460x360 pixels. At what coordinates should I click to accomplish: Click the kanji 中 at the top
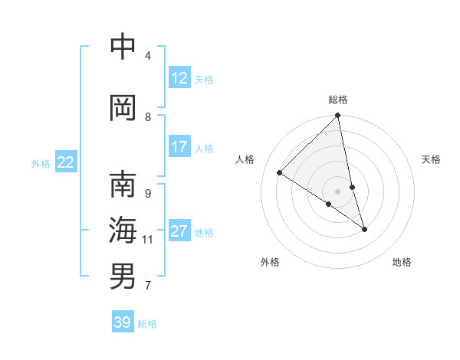point(123,47)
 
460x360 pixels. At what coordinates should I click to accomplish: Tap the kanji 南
point(123,185)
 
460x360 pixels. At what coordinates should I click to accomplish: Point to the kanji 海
point(123,231)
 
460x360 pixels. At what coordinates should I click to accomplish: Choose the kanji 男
point(123,277)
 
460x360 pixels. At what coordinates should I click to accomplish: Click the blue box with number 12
point(179,78)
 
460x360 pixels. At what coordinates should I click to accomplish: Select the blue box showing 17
point(179,147)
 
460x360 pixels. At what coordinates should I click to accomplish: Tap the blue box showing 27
point(179,231)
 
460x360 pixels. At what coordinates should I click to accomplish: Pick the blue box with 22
point(66,162)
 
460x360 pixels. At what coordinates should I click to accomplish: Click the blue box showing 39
point(122,322)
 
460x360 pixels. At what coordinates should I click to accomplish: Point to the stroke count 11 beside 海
point(148,240)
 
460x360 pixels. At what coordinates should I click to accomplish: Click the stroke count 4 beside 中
point(148,55)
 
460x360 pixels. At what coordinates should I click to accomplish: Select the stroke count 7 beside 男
point(148,286)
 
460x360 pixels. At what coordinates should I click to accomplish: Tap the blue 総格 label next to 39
point(147,324)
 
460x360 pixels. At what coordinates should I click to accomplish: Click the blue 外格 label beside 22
point(41,163)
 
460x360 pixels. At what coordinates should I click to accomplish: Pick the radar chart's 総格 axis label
point(338,100)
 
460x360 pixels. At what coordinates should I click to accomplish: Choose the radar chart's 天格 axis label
point(431,159)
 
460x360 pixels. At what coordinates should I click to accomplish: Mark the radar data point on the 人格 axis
point(280,173)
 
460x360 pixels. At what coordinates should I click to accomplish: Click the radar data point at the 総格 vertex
point(338,116)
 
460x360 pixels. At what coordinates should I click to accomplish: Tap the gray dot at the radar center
point(338,191)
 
